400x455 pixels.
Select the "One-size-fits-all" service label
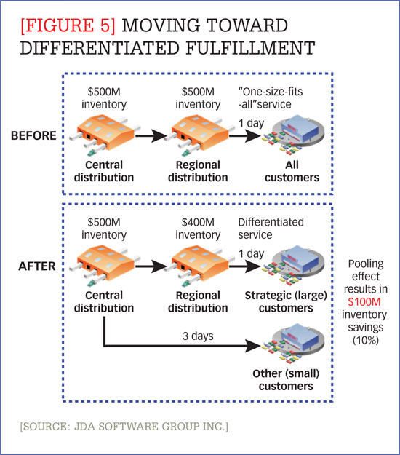click(x=279, y=95)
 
